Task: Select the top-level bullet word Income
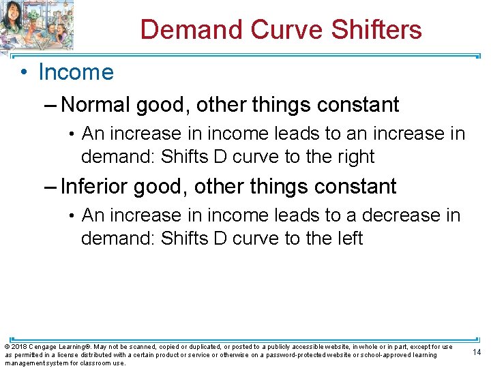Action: click(76, 72)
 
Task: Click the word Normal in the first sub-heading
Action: click(95, 105)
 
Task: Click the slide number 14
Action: click(477, 352)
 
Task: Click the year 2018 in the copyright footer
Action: click(18, 347)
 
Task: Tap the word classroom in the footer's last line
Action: click(90, 363)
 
